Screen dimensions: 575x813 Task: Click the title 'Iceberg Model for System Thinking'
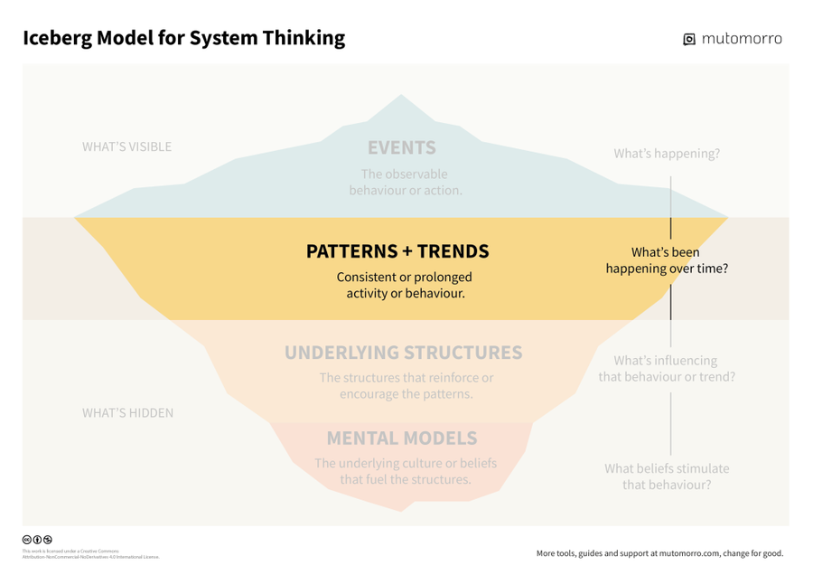click(x=183, y=38)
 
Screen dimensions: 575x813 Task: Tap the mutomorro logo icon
click(x=689, y=39)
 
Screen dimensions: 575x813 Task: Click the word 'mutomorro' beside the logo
click(x=742, y=38)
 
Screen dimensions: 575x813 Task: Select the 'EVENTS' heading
click(x=401, y=147)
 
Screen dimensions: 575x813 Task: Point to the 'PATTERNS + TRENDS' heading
click(x=397, y=251)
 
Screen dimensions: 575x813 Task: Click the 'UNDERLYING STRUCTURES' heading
click(x=404, y=353)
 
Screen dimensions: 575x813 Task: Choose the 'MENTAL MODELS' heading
click(x=402, y=438)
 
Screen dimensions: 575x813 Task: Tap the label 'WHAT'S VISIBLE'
click(x=126, y=146)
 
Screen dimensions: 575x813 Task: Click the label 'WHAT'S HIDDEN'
click(x=127, y=413)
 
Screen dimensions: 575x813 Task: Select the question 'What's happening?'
click(x=667, y=154)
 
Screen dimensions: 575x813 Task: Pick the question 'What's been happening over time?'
click(x=667, y=260)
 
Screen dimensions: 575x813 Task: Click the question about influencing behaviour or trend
click(x=667, y=368)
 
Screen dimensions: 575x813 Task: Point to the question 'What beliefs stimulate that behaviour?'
click(x=667, y=476)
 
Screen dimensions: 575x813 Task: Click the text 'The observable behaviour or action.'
click(x=405, y=182)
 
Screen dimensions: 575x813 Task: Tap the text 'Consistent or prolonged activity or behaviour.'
click(x=405, y=285)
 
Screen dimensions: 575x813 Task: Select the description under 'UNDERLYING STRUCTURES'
click(x=406, y=386)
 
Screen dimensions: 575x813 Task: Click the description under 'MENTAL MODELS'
click(x=406, y=471)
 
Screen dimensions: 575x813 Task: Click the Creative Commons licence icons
click(x=37, y=540)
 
